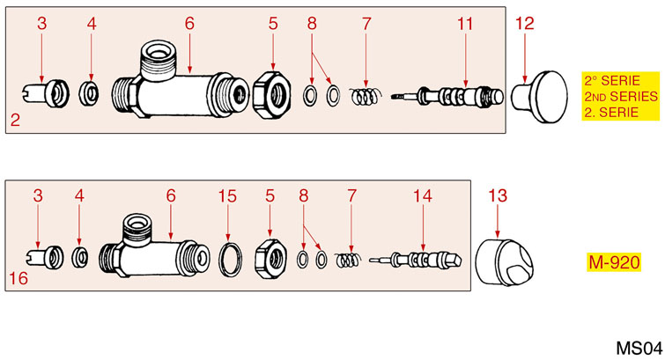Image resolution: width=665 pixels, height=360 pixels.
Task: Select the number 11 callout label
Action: pos(465,25)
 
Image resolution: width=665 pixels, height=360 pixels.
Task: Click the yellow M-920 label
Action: pos(614,261)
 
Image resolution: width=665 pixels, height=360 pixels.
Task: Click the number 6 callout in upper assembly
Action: pos(188,25)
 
